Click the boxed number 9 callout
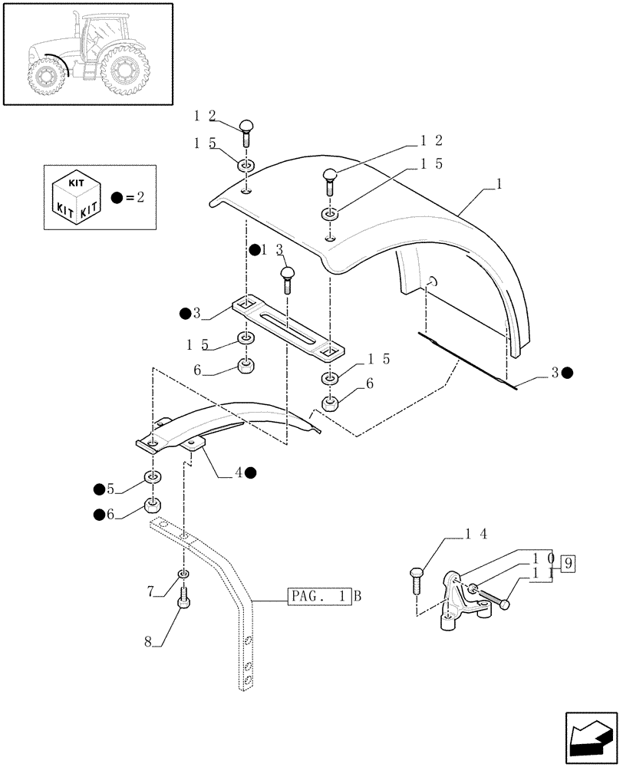568,565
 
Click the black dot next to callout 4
251,473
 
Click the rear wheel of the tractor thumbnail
124,71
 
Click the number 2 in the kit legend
140,197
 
